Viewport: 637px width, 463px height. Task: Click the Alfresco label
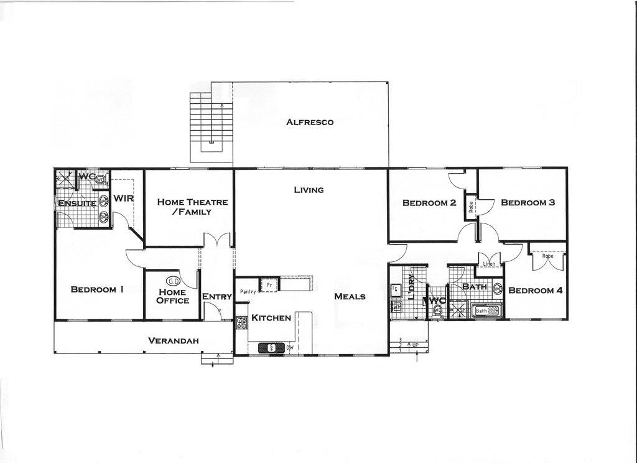[x=310, y=122]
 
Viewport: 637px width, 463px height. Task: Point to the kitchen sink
[x=271, y=348]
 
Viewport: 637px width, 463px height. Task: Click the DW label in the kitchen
[x=290, y=348]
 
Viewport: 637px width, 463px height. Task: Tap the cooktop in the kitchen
[x=241, y=323]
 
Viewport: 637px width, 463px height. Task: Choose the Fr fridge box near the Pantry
[x=268, y=284]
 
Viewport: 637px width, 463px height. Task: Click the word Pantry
[x=248, y=291]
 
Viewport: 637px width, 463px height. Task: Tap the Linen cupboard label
[x=489, y=264]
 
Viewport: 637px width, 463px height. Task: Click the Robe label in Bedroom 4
[x=547, y=256]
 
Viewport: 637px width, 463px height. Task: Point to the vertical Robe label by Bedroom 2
[x=471, y=205]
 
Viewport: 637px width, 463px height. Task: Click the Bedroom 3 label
[x=528, y=202]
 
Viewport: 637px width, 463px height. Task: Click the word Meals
[x=350, y=296]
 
